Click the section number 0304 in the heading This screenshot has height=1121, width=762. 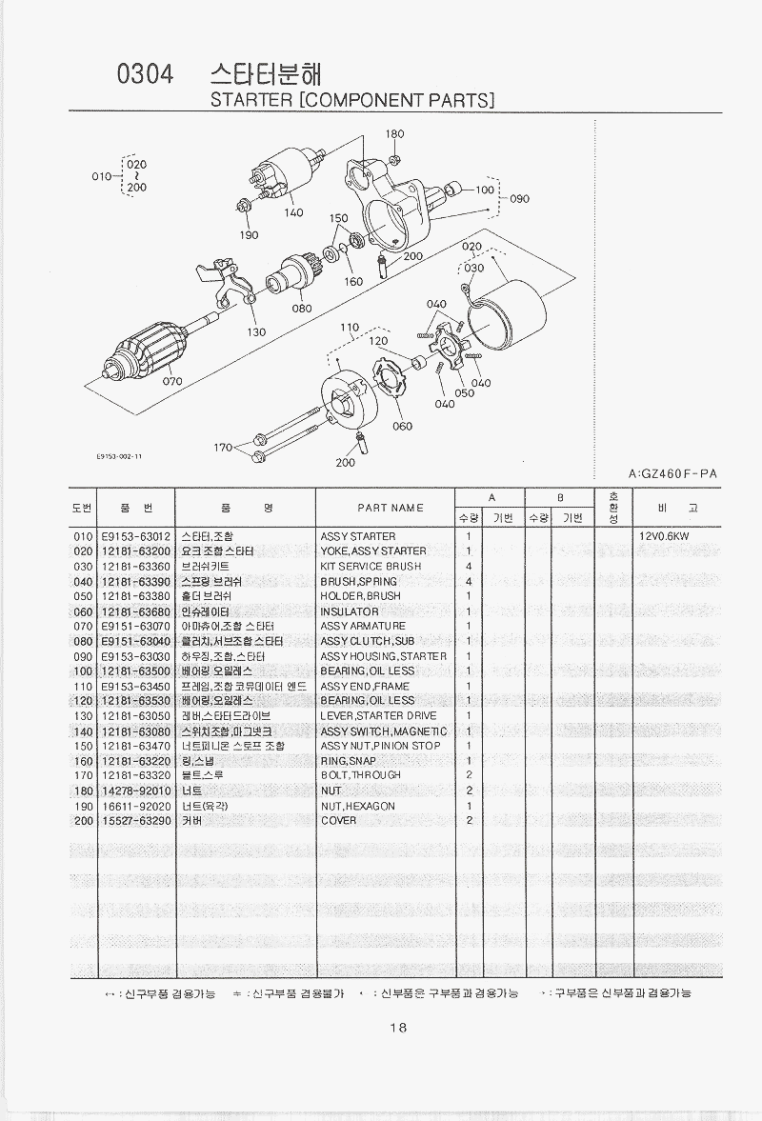[144, 76]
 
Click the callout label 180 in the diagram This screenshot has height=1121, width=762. [394, 134]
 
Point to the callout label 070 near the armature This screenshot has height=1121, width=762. [171, 381]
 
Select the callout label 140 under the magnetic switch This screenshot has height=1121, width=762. [293, 212]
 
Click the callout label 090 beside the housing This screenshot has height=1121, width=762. [519, 199]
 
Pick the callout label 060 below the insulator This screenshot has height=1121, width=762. [402, 426]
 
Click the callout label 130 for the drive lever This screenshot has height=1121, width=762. [256, 332]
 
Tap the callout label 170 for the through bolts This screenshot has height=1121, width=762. [223, 447]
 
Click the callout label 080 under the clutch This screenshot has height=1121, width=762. [302, 308]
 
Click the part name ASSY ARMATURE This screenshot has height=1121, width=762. [363, 626]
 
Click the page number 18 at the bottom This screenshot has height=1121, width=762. [398, 1027]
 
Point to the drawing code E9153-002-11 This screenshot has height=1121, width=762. [120, 456]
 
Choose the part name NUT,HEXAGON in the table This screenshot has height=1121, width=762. [358, 806]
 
